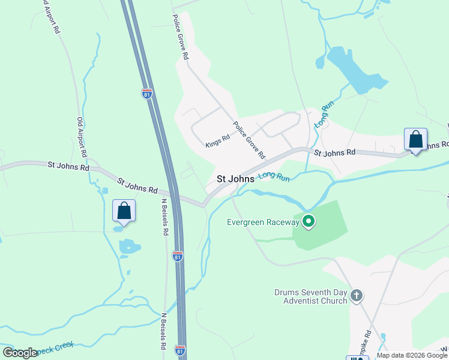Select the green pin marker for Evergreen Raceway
(309, 222)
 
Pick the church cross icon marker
(357, 295)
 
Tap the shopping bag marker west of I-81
(124, 211)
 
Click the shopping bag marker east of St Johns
(415, 140)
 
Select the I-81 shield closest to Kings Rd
(147, 94)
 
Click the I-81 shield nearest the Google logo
(179, 349)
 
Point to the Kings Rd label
(217, 142)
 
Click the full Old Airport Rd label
(82, 137)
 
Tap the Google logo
(20, 353)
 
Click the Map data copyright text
(411, 355)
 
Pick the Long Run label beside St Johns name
(274, 178)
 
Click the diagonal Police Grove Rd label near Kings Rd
(249, 140)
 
